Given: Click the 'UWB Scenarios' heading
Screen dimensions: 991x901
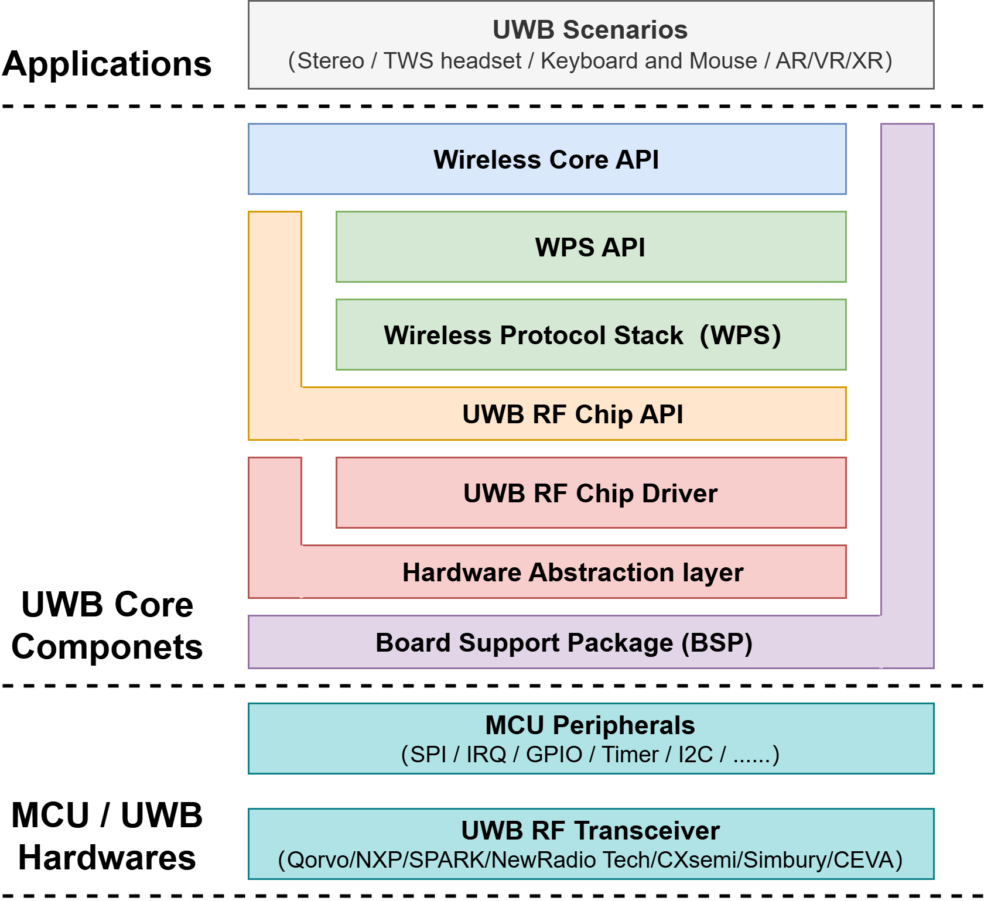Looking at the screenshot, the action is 590,30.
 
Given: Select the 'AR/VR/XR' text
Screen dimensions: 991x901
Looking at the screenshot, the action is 829,61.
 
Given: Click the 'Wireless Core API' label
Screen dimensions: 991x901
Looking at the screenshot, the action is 546,159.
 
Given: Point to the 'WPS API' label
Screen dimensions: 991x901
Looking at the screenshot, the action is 590,247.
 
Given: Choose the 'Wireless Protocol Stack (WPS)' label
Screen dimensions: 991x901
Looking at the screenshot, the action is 583,335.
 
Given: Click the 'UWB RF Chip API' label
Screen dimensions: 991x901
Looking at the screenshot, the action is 573,414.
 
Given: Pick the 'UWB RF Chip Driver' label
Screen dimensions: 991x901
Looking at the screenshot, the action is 590,494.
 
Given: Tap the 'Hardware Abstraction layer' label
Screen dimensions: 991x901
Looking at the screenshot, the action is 573,573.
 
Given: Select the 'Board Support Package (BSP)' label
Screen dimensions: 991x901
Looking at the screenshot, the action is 564,643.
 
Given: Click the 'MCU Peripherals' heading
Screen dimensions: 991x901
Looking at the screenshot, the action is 590,725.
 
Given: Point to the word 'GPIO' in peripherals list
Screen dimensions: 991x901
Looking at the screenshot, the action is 554,755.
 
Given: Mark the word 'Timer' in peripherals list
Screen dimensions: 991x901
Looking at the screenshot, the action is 630,755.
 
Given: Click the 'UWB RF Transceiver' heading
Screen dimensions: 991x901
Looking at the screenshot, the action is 590,831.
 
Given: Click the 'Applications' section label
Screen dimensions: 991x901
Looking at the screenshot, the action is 107,64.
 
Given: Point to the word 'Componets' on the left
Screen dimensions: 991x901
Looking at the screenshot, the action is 107,648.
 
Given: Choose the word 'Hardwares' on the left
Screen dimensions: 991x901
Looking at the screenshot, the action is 107,858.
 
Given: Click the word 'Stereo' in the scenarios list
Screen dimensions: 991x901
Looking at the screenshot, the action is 331,61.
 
